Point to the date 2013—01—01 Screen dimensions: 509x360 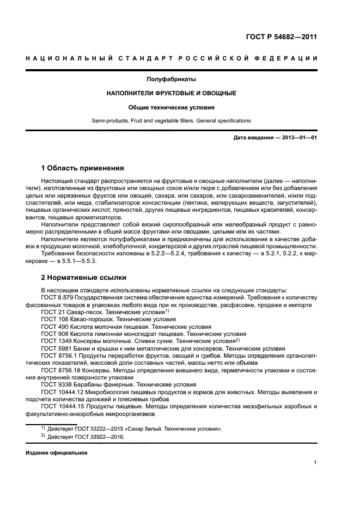298,138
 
